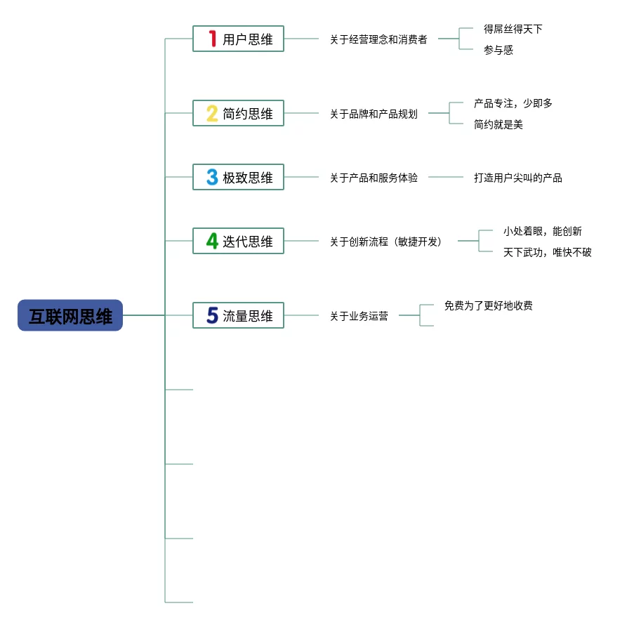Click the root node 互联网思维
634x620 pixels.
tap(70, 316)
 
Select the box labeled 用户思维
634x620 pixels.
tap(238, 39)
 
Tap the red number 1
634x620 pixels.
tap(212, 39)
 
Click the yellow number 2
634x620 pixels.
tap(211, 114)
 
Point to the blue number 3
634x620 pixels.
tap(211, 178)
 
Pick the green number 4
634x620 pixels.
tap(212, 242)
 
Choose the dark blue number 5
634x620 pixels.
tap(212, 316)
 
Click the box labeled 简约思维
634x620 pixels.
tap(238, 114)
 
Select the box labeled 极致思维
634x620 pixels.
tap(238, 178)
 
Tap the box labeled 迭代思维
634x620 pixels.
tap(238, 242)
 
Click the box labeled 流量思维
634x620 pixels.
tap(238, 316)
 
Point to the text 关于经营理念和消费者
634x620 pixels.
tap(378, 39)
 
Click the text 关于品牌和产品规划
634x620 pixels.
tap(374, 114)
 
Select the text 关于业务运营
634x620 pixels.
tap(359, 316)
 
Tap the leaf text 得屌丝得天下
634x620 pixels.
tap(513, 29)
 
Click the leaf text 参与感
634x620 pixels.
tap(498, 50)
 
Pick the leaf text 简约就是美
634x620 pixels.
tap(498, 124)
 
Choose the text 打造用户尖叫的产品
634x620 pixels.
tap(517, 178)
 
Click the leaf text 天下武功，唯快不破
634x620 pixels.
tap(547, 252)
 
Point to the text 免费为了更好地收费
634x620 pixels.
tap(488, 305)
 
